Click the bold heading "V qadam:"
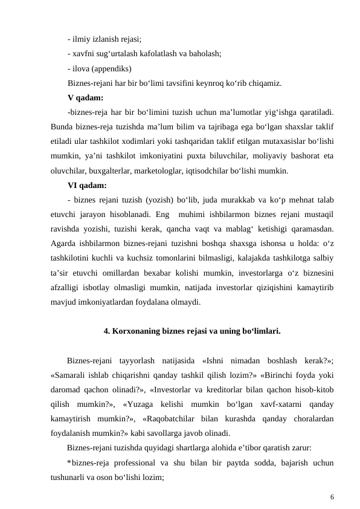pyautogui.click(x=85, y=97)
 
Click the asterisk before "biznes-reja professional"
pyautogui.click(x=69, y=462)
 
